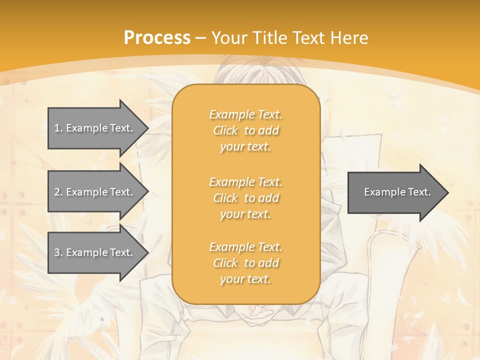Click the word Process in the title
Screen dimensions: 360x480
coord(157,38)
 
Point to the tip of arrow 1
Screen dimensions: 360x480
coord(147,128)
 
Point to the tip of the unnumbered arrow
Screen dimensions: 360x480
coord(447,192)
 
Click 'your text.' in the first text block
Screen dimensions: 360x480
coord(245,147)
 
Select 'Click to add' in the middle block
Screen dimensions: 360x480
coord(245,198)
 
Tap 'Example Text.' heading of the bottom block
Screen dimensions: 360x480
coord(245,247)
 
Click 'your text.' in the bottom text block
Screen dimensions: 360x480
coord(245,279)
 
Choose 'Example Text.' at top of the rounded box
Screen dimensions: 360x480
coord(245,114)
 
